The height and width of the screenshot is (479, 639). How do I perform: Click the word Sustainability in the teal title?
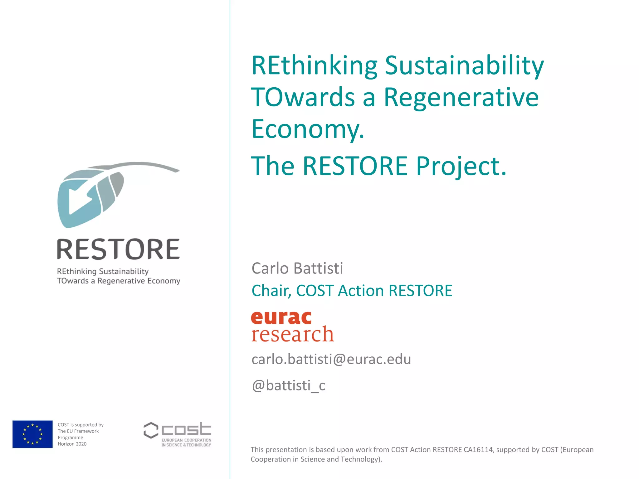[x=464, y=66]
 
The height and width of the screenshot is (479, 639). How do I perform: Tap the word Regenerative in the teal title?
[x=461, y=97]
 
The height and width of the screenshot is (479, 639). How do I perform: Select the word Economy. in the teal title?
[x=308, y=129]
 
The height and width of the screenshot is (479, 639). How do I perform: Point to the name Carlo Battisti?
[x=297, y=269]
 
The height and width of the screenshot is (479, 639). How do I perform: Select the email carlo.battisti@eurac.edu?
[x=331, y=359]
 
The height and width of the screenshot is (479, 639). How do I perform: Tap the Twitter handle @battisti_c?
[x=288, y=385]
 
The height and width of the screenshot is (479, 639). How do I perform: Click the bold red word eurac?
[x=281, y=318]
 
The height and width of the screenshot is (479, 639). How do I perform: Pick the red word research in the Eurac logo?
[x=292, y=334]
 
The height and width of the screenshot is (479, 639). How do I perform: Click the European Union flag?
[x=32, y=434]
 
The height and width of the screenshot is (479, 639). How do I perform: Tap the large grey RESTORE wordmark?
[x=118, y=249]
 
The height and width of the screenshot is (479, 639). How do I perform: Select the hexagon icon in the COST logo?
[x=151, y=430]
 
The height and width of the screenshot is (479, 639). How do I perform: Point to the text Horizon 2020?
[x=72, y=444]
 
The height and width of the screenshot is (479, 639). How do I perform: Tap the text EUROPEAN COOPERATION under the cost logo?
[x=186, y=440]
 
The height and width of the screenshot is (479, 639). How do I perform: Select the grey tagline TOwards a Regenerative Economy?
[x=119, y=281]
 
